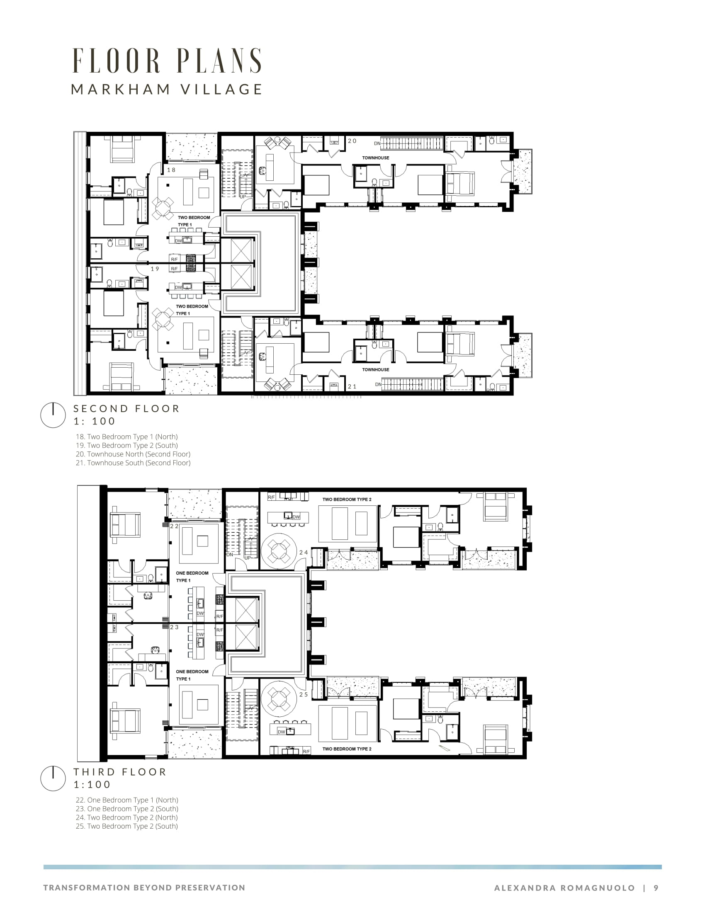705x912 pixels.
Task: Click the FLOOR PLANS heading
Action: coord(167,61)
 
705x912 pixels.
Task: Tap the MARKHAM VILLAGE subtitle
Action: coord(167,90)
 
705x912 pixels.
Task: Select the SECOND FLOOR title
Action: coord(126,408)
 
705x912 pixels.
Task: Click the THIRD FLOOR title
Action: coord(120,772)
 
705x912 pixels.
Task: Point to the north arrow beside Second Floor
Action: coord(53,415)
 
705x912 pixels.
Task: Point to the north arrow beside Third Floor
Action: coord(53,778)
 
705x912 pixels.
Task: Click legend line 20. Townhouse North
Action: coord(133,454)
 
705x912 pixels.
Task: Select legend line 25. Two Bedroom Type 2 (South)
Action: coord(126,826)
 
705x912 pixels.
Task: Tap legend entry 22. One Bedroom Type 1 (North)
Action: coord(127,800)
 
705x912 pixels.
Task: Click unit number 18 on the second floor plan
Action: coord(171,170)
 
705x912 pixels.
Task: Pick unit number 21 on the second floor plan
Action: coord(352,387)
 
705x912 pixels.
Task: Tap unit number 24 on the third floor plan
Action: coord(304,553)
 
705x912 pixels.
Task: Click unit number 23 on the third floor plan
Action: coord(174,627)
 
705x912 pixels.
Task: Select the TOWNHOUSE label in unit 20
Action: coord(375,158)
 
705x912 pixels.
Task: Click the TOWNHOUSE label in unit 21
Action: coord(375,369)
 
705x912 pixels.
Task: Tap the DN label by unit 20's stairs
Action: coord(377,144)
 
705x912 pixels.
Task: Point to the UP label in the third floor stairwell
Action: coord(247,558)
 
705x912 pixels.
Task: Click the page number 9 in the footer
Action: coord(656,888)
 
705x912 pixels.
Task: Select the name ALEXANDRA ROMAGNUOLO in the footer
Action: coord(564,888)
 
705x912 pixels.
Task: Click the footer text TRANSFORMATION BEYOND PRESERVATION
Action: coord(144,888)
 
